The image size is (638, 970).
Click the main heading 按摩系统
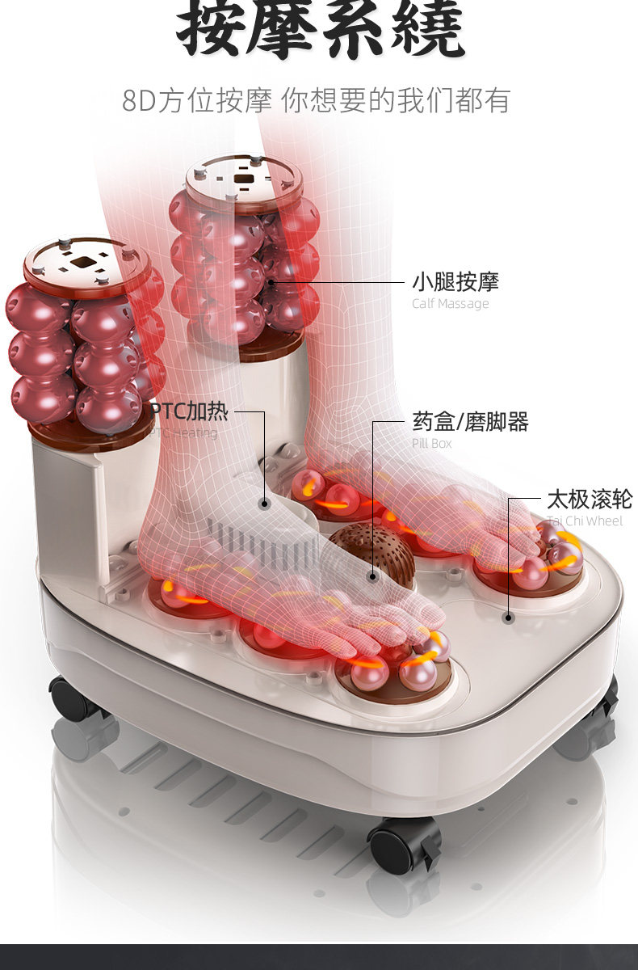pyautogui.click(x=320, y=31)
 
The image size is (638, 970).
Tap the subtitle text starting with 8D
pyautogui.click(x=316, y=101)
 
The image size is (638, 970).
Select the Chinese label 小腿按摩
pyautogui.click(x=455, y=282)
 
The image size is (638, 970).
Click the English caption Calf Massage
pyautogui.click(x=450, y=304)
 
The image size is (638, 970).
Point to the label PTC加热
pyautogui.click(x=191, y=411)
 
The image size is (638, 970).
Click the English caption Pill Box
pyautogui.click(x=431, y=443)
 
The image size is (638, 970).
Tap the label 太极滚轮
pyautogui.click(x=590, y=499)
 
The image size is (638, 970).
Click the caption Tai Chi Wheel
pyautogui.click(x=584, y=521)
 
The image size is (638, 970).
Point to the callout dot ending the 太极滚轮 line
pyautogui.click(x=508, y=618)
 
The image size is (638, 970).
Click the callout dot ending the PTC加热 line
pyautogui.click(x=264, y=503)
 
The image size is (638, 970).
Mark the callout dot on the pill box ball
pyautogui.click(x=372, y=576)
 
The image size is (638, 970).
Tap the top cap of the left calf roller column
pyautogui.click(x=86, y=264)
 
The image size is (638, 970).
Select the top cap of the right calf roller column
pyautogui.click(x=243, y=179)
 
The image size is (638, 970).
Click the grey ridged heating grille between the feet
pyautogui.click(x=258, y=540)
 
